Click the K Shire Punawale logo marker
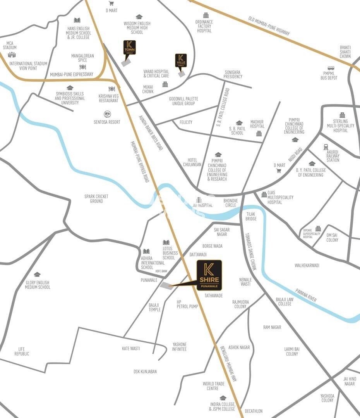[x=209, y=275]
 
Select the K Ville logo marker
[x=181, y=61]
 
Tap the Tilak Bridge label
[x=251, y=216]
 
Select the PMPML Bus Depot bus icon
[x=331, y=68]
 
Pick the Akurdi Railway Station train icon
[x=326, y=147]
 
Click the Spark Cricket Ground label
[x=96, y=199]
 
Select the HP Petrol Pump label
[x=187, y=304]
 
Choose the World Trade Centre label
[x=213, y=386]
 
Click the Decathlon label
[x=254, y=411]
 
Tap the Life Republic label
[x=22, y=351]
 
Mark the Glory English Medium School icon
[x=37, y=275]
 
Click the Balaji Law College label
[x=284, y=301]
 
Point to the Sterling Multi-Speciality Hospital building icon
[x=342, y=115]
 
